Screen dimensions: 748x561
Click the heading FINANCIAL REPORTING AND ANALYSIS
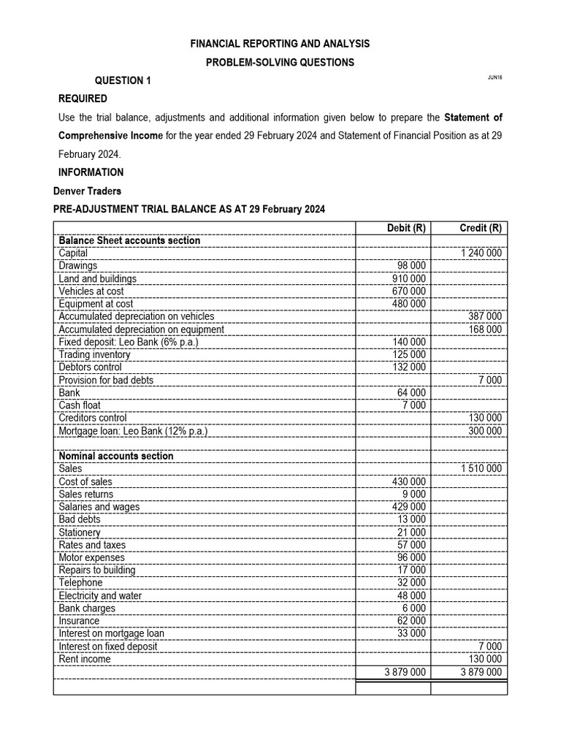pos(280,44)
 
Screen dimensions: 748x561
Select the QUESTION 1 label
pos(123,80)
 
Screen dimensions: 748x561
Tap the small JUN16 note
pos(493,77)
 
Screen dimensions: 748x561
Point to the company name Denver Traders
pos(88,191)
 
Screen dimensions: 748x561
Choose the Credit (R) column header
pos(480,228)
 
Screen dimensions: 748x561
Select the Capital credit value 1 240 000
pos(481,253)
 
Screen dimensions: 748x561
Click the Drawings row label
pos(77,266)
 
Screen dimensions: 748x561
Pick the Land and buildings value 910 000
pos(408,278)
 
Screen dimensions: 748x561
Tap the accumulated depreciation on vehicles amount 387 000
pos(484,316)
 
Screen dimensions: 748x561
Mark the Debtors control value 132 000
pos(408,367)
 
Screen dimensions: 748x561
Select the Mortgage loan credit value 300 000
pos(484,431)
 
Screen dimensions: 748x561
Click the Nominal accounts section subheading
pos(115,456)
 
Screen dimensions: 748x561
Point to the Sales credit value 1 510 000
pos(481,468)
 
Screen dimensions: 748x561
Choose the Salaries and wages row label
pos(99,507)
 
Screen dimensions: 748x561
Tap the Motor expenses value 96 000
pos(411,557)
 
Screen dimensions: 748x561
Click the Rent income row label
pos(85,659)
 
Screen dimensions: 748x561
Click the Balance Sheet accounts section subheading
pos(129,240)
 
